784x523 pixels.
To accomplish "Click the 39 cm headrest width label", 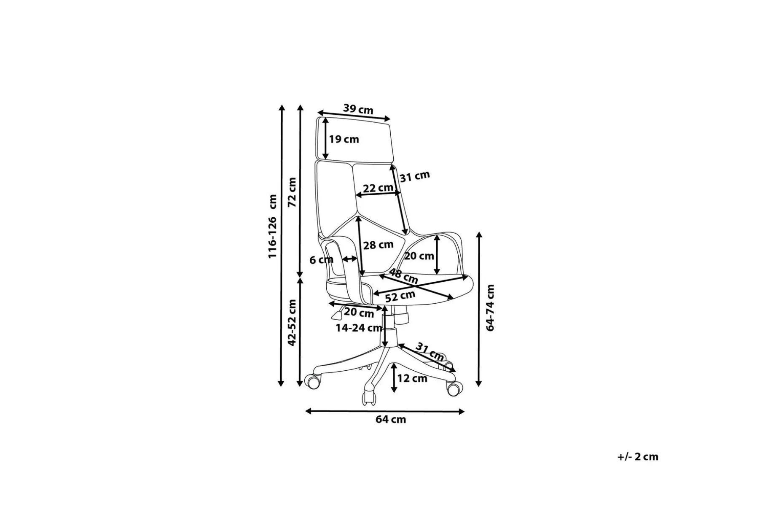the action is (x=358, y=109).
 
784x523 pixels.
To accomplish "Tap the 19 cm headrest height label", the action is (x=344, y=139).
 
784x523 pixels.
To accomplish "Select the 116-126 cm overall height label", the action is (x=273, y=226).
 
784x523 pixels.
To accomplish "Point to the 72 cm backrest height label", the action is (x=292, y=192).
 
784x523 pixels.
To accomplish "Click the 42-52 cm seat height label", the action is (x=292, y=323).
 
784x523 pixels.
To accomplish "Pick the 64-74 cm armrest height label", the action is (x=490, y=307).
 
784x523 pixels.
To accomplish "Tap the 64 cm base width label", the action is (x=391, y=419).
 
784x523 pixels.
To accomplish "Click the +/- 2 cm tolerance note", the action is (x=638, y=457).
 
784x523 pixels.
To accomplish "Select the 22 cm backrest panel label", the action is (x=378, y=188).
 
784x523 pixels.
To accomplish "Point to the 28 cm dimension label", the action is (x=378, y=245).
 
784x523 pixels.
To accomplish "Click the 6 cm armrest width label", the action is (x=321, y=260).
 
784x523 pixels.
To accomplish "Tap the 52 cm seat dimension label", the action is (x=400, y=297).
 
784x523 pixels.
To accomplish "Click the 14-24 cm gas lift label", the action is (x=359, y=328).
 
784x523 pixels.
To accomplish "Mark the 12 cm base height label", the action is (x=412, y=378).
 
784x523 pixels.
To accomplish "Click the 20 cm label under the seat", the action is (x=359, y=313).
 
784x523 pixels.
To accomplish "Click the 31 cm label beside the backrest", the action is (x=415, y=176).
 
